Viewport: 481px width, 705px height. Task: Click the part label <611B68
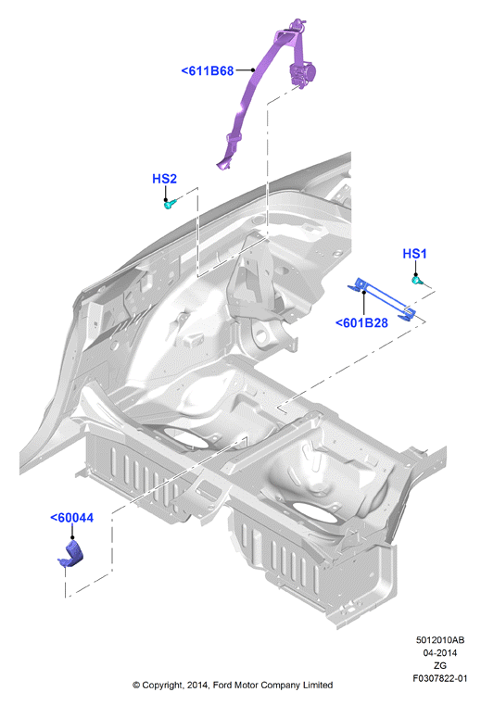point(208,71)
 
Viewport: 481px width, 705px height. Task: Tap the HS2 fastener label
point(164,179)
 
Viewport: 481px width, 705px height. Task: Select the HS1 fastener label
point(414,254)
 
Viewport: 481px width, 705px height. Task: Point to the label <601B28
point(361,322)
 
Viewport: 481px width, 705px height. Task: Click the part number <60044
point(72,518)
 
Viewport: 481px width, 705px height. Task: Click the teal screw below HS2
point(170,205)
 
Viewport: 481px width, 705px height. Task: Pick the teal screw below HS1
point(418,281)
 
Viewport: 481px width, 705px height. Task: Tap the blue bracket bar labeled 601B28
point(382,300)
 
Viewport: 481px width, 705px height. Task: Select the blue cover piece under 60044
point(71,555)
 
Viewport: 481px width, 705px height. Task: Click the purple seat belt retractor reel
point(303,72)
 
